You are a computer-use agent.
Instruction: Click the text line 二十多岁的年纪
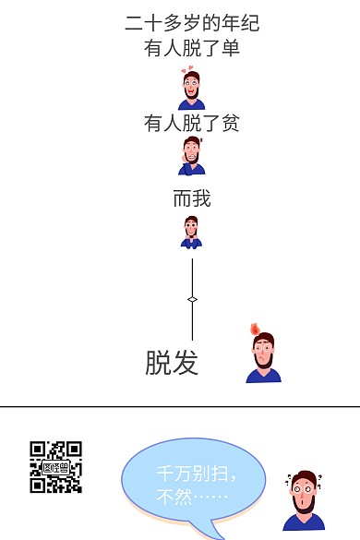coord(192,23)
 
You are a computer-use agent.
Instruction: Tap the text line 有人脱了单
coord(192,48)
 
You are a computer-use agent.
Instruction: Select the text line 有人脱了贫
coord(192,123)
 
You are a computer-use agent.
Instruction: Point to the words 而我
coord(192,198)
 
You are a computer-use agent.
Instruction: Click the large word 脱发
coord(172,362)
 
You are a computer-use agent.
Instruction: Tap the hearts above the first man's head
coord(189,70)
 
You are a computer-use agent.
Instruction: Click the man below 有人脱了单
coord(191,91)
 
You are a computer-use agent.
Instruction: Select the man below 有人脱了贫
coord(192,157)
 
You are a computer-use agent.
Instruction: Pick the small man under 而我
coord(191,233)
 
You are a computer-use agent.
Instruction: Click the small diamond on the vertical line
coord(192,299)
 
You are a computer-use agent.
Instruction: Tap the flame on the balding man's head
coord(256,330)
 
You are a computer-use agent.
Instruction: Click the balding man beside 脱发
coord(262,357)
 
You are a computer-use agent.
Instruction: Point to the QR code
coord(55,466)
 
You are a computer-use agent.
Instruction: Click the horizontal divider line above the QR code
coord(180,407)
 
